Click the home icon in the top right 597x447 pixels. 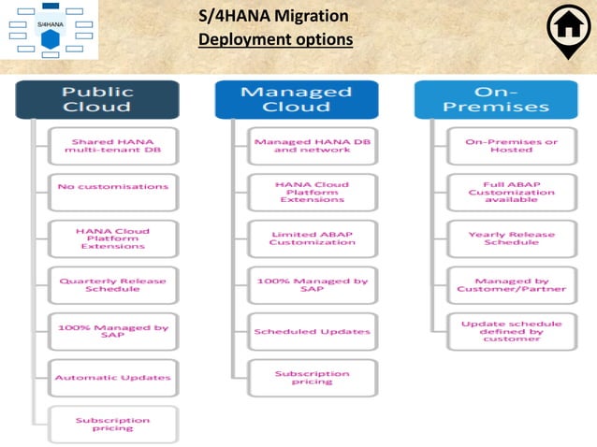tap(567, 29)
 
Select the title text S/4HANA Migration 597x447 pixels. tap(274, 17)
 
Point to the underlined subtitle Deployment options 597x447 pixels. tap(275, 40)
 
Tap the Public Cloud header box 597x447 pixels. tap(96, 100)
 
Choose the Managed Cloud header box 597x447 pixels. tap(297, 100)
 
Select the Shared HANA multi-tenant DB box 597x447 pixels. tap(112, 148)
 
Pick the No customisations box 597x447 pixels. tap(112, 187)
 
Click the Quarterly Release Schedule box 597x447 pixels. tap(112, 284)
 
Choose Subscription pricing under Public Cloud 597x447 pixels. tap(112, 424)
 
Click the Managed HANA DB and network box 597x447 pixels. tap(313, 148)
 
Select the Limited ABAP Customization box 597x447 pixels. tap(313, 238)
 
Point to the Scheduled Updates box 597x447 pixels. tap(313, 331)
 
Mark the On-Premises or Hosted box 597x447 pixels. tap(512, 148)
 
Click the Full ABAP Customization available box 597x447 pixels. tap(512, 193)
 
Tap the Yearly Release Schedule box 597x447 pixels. tap(512, 238)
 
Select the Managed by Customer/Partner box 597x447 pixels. tap(512, 284)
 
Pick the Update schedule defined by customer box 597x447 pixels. tap(512, 331)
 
